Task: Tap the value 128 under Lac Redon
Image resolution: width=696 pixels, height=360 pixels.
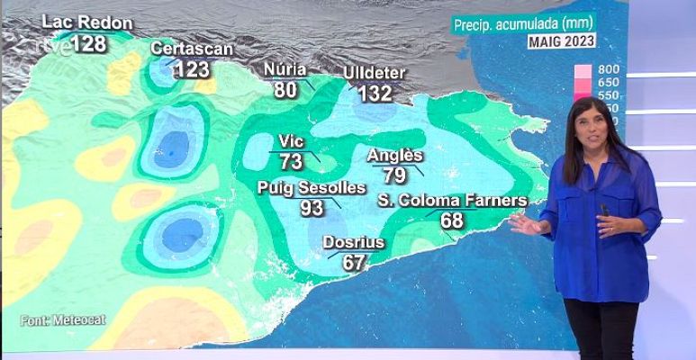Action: coord(88,43)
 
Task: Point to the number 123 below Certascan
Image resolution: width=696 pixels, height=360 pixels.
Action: coord(192,69)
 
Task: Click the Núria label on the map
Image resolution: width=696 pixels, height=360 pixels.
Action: coord(285,70)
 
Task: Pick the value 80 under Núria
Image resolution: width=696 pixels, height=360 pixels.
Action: coord(285,90)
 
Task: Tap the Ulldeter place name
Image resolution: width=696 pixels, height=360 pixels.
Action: coord(375,73)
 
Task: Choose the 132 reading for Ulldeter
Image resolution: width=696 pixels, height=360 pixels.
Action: coord(375,93)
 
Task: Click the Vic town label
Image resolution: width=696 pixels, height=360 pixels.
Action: coord(291,142)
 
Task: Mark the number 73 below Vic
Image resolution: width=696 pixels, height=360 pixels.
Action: coord(291,162)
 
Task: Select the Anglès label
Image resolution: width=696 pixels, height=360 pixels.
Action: coord(394,156)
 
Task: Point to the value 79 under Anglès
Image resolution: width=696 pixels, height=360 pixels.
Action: coord(394,175)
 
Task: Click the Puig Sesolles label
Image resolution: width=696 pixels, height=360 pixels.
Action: coord(312,188)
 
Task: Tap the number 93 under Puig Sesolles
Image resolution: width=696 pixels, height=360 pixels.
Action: coord(312,208)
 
